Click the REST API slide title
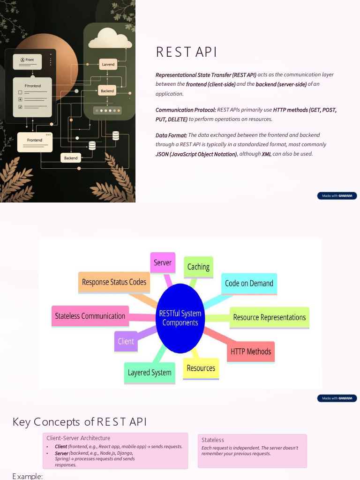pos(187,52)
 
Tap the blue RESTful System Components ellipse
pos(180,318)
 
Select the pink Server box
pos(163,262)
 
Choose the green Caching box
pos(198,267)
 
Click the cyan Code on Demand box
pos(249,283)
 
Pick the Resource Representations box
pos(270,317)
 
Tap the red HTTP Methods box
pos(251,351)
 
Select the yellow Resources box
pos(201,368)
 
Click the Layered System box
pos(150,373)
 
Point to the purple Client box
pos(126,341)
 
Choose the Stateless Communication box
pos(90,316)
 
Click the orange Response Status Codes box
pos(114,282)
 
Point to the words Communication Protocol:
pos(186,110)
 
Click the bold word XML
pos(266,154)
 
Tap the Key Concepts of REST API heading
pos(80,422)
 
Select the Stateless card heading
pos(213,440)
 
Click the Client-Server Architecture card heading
pos(78,438)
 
